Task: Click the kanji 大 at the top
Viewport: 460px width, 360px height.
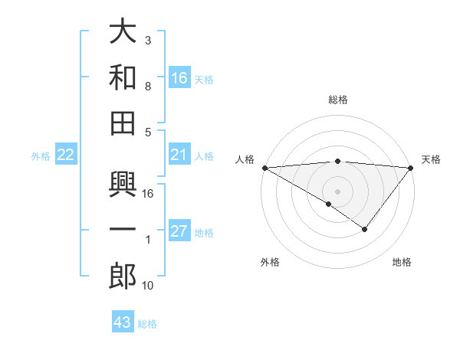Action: [x=123, y=32]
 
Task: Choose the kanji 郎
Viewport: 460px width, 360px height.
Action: [x=123, y=277]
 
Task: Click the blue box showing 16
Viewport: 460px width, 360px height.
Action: [x=179, y=77]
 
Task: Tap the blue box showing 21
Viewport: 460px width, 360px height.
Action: [x=179, y=155]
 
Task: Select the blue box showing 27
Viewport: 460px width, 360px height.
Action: [x=179, y=232]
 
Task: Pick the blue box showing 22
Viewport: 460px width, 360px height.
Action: [x=66, y=155]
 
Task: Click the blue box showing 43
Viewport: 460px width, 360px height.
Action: [x=123, y=322]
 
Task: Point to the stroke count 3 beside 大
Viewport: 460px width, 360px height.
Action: [x=147, y=40]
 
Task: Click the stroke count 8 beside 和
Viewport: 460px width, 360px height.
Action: [x=147, y=87]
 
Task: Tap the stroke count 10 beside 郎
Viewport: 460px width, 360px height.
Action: [x=147, y=285]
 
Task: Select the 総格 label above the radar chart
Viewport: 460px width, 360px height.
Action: [x=338, y=100]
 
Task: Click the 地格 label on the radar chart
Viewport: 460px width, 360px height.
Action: [x=402, y=263]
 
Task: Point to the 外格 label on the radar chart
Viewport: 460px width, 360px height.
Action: [x=270, y=263]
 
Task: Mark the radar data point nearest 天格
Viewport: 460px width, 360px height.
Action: [x=411, y=167]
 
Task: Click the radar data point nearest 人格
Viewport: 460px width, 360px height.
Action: [x=264, y=167]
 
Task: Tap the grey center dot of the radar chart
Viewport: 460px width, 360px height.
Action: [x=338, y=191]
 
